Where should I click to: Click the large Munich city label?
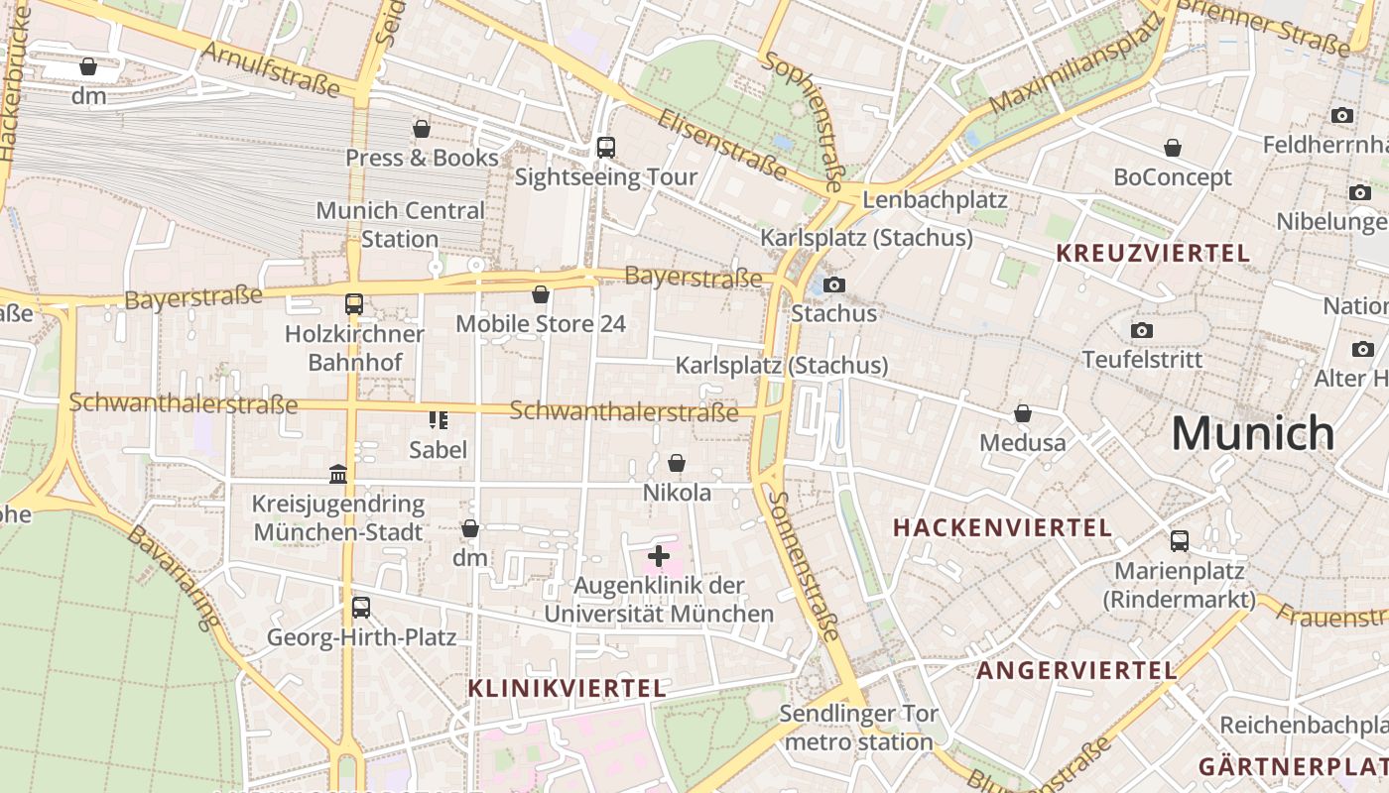(1252, 433)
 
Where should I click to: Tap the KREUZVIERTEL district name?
(1153, 253)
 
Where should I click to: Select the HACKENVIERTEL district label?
(1002, 527)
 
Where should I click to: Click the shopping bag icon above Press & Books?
(422, 129)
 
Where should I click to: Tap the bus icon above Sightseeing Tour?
(605, 148)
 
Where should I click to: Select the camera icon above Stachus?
(834, 284)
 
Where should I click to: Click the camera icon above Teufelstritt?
(1142, 330)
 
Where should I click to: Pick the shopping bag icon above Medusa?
(1023, 413)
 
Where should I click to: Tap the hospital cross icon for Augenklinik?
(658, 556)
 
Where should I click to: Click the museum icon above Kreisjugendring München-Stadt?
(338, 475)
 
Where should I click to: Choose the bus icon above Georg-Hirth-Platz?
(361, 608)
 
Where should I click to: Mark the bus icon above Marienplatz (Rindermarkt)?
(1179, 541)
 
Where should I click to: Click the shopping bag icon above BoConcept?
(1173, 148)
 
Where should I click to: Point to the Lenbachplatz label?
(935, 199)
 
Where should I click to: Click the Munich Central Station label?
(400, 225)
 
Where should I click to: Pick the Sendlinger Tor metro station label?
(856, 728)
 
